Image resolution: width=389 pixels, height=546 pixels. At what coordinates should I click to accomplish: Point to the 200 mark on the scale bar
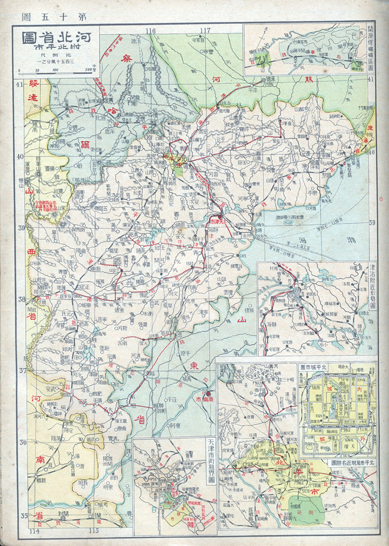88,70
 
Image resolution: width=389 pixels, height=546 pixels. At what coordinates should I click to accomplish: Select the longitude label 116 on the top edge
151,31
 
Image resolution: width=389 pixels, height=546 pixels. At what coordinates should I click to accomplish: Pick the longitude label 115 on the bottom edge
93,530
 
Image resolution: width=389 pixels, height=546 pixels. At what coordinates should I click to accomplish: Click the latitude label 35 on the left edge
22,515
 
